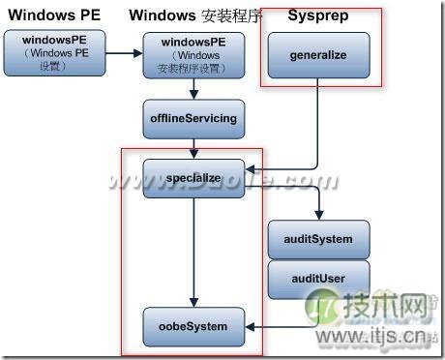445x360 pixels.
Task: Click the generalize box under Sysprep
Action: click(x=317, y=54)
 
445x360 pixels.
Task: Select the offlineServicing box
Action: click(x=193, y=118)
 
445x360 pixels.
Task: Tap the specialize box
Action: click(x=193, y=178)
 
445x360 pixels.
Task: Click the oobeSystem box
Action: click(x=194, y=326)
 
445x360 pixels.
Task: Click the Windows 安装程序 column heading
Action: click(x=194, y=16)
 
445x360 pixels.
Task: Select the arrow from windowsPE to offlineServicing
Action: click(x=194, y=89)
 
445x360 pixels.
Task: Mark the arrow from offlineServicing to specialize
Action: click(x=194, y=147)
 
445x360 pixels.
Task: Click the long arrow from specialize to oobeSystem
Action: click(x=194, y=252)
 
